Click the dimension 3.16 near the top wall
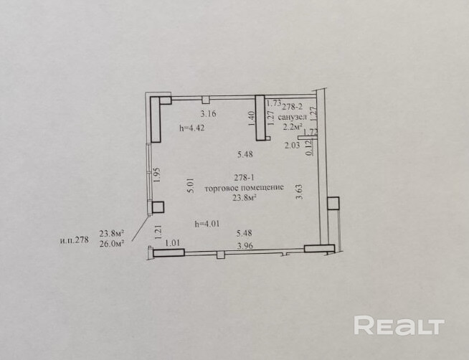click(x=208, y=114)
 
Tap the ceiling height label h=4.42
click(x=192, y=129)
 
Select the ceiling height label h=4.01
click(x=207, y=224)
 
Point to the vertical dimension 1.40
click(x=252, y=118)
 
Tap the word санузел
click(x=293, y=116)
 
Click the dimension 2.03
click(x=293, y=145)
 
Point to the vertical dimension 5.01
click(x=189, y=187)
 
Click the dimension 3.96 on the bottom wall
click(x=246, y=245)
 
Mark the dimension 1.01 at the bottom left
click(x=172, y=243)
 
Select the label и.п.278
click(x=74, y=240)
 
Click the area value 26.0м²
click(x=112, y=243)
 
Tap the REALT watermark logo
click(x=399, y=326)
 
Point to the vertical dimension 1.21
click(x=156, y=232)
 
